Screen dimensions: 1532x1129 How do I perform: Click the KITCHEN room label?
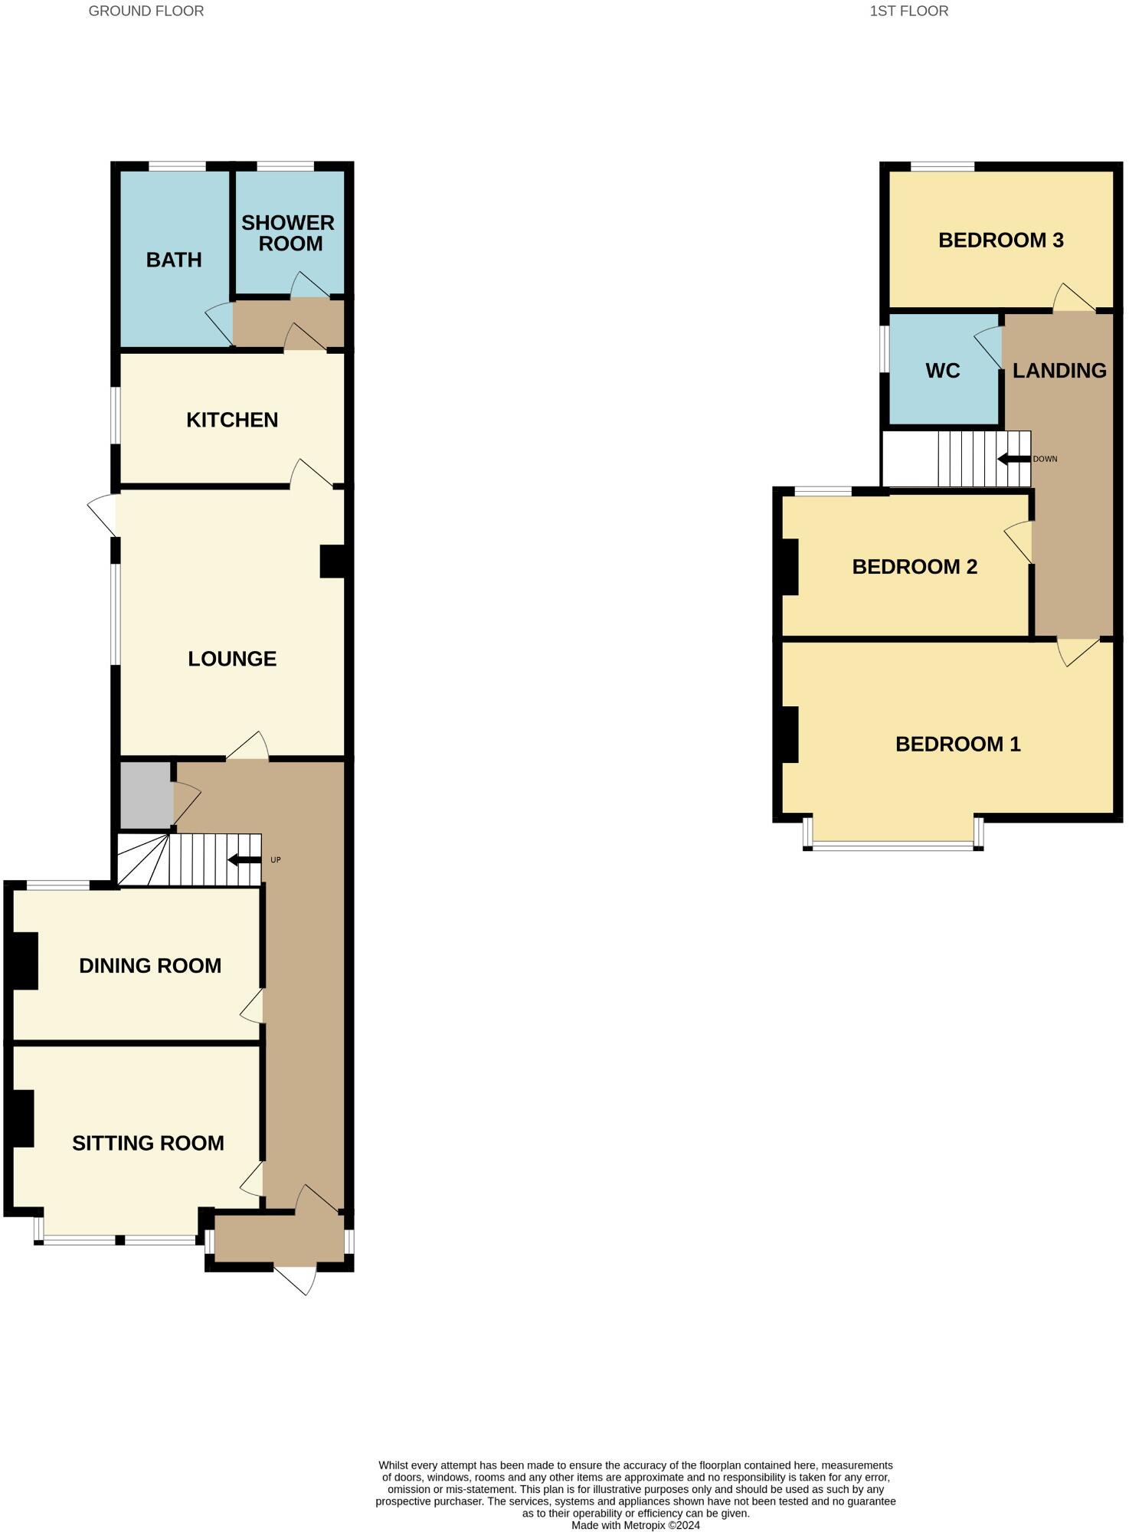[232, 420]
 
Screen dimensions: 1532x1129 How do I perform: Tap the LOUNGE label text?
[232, 659]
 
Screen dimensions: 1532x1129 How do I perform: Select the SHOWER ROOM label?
[289, 233]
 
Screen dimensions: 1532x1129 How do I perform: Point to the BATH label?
[174, 260]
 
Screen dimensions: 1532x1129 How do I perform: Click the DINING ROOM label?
[150, 965]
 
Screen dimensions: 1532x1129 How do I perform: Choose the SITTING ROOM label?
[148, 1143]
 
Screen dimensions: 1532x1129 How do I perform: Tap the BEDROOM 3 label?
[1000, 240]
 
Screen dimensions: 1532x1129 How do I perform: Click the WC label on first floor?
[942, 371]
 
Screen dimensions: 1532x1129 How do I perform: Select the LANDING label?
[1059, 371]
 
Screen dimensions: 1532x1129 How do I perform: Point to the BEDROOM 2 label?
[915, 567]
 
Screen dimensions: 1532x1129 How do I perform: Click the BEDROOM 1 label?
[957, 744]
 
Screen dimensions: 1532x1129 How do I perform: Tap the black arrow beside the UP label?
[244, 859]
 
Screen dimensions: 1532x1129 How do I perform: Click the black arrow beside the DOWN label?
[1013, 459]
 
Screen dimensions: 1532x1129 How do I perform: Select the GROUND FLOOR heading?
[146, 11]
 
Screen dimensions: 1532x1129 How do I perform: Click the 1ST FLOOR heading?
[908, 11]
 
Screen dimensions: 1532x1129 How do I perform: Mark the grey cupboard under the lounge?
[146, 794]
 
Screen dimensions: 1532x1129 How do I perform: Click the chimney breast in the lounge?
[333, 561]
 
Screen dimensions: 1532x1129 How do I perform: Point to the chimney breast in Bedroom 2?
[789, 567]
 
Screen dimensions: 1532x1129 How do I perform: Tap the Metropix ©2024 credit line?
[635, 1525]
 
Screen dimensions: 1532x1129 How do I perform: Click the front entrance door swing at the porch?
[299, 1278]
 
